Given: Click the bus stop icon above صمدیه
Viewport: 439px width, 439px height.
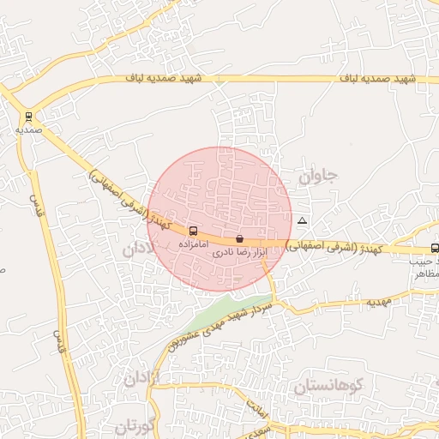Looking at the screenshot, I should click(29, 117).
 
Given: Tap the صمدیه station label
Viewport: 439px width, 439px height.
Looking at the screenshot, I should click(29, 129).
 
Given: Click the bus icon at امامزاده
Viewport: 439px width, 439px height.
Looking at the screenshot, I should click(192, 231).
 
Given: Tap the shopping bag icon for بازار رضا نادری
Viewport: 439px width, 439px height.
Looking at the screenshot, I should click(239, 238).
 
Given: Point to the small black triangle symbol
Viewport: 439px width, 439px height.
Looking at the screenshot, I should click(301, 221).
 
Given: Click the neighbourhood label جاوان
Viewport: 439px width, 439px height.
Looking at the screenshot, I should click(318, 177).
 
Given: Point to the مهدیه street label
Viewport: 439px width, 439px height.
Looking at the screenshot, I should click(379, 303).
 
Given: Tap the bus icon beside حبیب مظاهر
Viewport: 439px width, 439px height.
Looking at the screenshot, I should click(435, 248).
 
